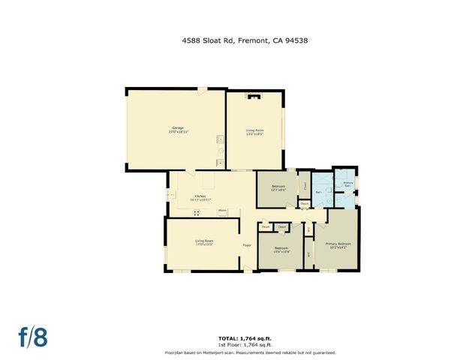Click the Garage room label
[x=177, y=127]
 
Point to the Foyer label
[x=245, y=245]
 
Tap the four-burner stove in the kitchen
[x=197, y=213]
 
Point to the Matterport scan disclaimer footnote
[x=250, y=352]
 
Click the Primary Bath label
[x=347, y=184]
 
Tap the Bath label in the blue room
[x=319, y=192]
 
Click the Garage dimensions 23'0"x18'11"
[x=178, y=131]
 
